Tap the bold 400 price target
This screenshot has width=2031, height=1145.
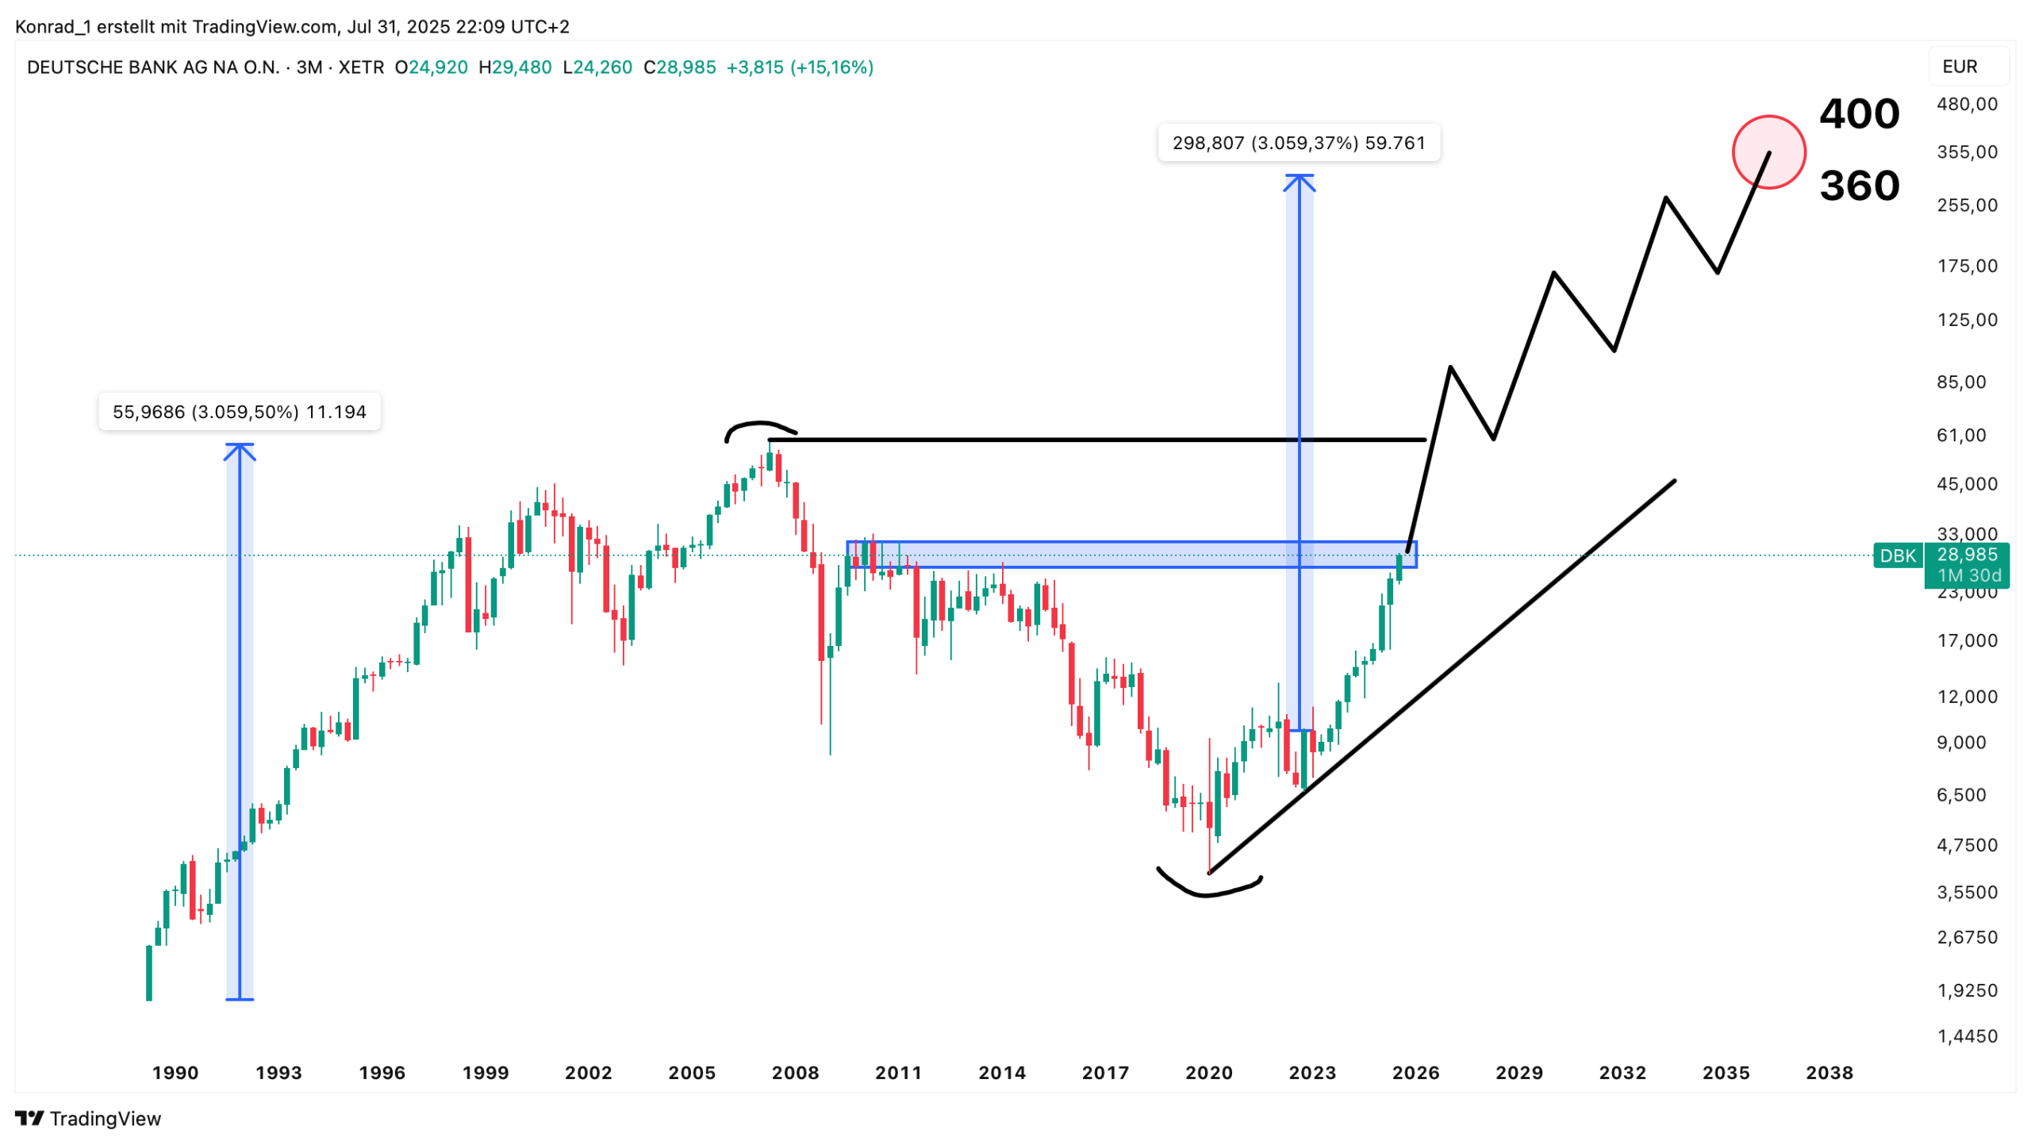click(x=1859, y=114)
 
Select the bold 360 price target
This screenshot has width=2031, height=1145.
click(x=1859, y=186)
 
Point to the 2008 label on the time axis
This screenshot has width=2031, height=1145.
click(x=795, y=1073)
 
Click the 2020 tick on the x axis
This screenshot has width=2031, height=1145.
click(x=1208, y=1073)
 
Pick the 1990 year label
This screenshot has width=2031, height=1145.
click(x=175, y=1073)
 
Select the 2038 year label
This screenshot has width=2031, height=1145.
click(x=1829, y=1073)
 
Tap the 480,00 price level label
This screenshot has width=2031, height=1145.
click(x=1967, y=104)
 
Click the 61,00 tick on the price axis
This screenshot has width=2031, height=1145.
click(x=1961, y=435)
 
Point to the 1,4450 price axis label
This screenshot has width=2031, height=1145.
click(x=1967, y=1035)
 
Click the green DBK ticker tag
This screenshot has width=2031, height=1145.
click(x=1897, y=555)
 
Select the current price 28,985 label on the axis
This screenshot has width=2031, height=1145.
click(x=1967, y=555)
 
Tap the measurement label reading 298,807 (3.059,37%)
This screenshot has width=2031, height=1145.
click(x=1298, y=143)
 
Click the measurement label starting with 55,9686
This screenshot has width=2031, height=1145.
click(x=239, y=412)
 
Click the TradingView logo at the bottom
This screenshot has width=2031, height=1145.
click(x=88, y=1118)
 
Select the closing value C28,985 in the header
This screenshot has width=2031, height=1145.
click(x=679, y=67)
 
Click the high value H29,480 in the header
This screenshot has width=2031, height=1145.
click(x=515, y=67)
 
